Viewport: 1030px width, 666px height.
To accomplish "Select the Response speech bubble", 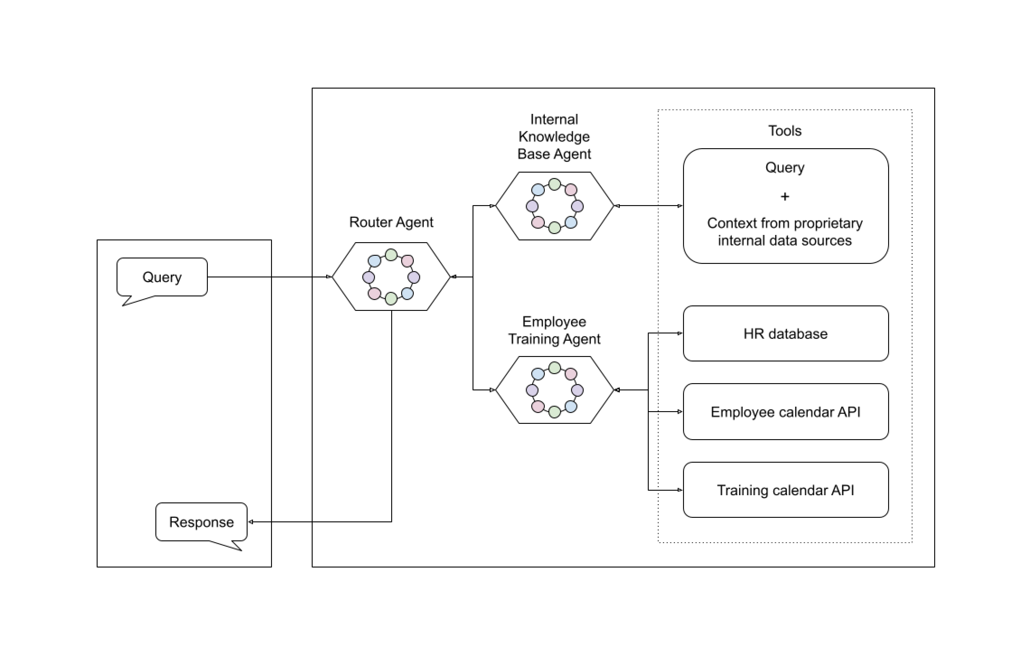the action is click(201, 522).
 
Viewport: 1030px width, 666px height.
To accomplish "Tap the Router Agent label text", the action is click(391, 222).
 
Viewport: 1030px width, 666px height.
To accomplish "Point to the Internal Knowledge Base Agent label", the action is click(554, 137).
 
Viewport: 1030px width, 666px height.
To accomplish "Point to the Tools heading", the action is click(784, 131).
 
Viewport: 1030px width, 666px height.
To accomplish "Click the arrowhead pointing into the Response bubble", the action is click(251, 522).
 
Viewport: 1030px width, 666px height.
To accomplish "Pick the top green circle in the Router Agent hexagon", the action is click(391, 255).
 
